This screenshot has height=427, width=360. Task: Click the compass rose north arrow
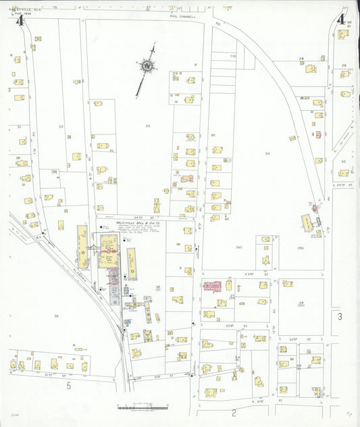[x=147, y=66]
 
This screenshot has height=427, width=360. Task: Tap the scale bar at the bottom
[x=142, y=407]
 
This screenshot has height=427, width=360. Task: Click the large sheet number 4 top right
[x=341, y=19]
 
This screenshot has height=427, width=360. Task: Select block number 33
[x=147, y=126]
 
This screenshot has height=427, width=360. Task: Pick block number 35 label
[x=56, y=316]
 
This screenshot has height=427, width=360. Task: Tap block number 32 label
[x=61, y=126]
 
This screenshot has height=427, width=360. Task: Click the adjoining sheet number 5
[x=69, y=386]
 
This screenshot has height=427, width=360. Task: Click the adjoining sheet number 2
[x=234, y=411]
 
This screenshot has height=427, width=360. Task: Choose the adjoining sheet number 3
[x=340, y=316]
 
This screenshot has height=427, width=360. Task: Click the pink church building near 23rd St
[x=213, y=286]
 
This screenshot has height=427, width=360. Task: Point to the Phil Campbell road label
[x=183, y=16]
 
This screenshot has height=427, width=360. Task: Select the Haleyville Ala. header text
[x=18, y=7]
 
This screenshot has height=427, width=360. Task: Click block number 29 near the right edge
[x=344, y=65]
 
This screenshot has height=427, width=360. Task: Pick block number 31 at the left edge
[x=19, y=126]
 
